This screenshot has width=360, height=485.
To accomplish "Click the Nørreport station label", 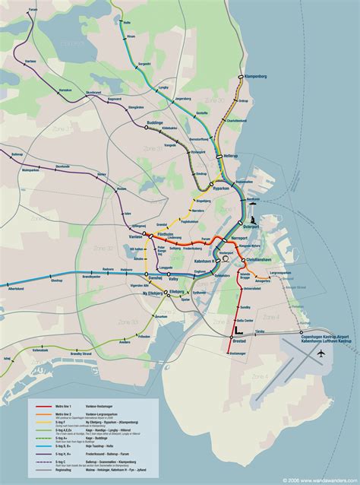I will pos(239,239).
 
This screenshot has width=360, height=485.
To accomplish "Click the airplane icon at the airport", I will pos(322,354).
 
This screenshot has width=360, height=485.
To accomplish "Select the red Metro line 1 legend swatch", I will pos(43,407).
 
